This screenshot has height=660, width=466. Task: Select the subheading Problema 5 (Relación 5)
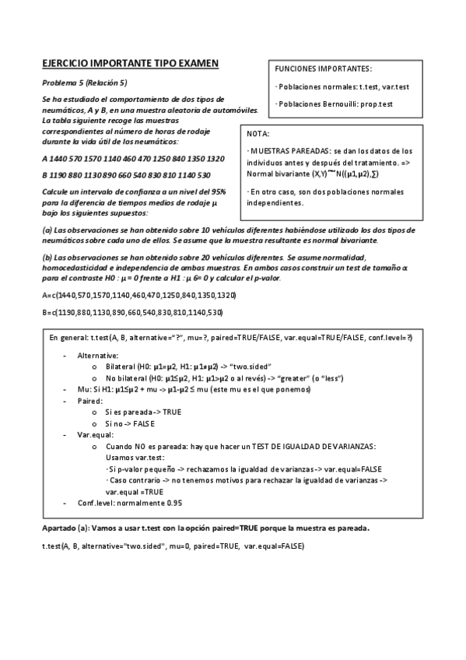[x=84, y=82]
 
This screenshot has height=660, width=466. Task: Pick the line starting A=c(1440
[x=138, y=296]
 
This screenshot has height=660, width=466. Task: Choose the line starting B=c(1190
[x=132, y=313]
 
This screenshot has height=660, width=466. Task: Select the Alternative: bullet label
[x=98, y=355]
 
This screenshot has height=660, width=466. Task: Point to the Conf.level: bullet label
[x=98, y=503]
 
